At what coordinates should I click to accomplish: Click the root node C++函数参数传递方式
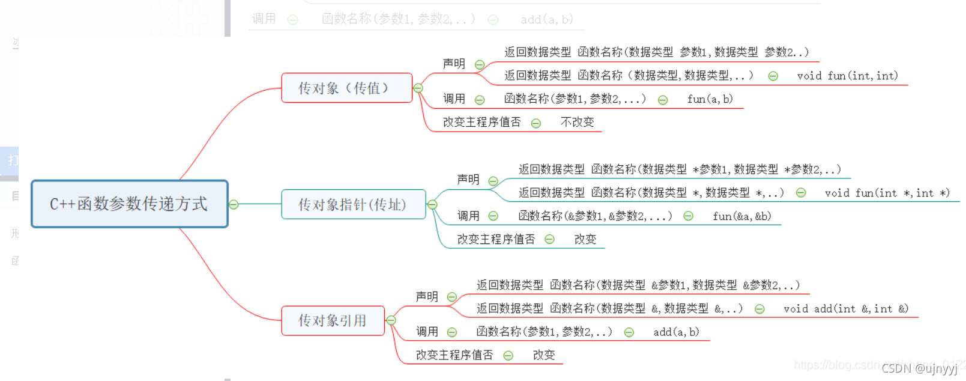tap(129, 204)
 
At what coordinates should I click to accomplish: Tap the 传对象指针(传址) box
tap(353, 205)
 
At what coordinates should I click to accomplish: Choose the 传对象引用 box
tap(333, 321)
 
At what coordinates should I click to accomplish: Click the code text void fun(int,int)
tap(847, 76)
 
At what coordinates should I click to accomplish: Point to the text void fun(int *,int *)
tap(887, 193)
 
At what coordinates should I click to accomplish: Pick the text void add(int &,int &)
tap(845, 309)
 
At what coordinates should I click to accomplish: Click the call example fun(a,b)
tap(710, 99)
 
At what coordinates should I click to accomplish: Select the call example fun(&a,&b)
tap(741, 216)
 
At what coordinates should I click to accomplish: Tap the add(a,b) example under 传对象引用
tap(676, 332)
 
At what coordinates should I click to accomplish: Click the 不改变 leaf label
tap(577, 122)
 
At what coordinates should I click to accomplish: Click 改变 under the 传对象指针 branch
tap(585, 239)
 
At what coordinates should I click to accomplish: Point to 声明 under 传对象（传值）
tap(454, 64)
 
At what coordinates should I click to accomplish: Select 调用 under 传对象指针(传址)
tap(468, 216)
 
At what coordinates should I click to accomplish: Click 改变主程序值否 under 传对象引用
tap(454, 355)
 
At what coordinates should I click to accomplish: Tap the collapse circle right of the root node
tap(234, 204)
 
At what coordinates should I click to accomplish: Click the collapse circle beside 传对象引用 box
tap(391, 320)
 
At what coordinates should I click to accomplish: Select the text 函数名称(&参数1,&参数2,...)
tap(595, 216)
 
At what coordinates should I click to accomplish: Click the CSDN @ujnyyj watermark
tap(919, 368)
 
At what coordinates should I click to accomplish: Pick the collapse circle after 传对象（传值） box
tap(418, 88)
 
